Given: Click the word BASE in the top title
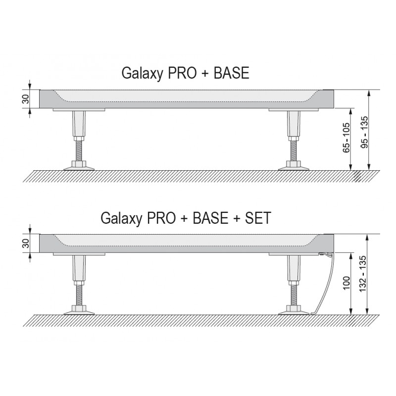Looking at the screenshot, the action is (231, 73).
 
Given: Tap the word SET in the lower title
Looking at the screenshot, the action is (257, 218).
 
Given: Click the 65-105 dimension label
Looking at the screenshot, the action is (346, 138).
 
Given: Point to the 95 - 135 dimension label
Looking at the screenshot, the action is (364, 132).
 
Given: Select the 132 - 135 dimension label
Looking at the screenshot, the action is (362, 274).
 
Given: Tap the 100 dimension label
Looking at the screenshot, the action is (347, 283).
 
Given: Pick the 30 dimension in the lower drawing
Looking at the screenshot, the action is (26, 244).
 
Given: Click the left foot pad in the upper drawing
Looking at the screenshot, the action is (79, 168).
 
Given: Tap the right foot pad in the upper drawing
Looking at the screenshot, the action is (294, 168).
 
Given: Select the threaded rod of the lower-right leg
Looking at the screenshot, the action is (294, 295).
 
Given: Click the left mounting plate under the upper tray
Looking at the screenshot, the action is (79, 109).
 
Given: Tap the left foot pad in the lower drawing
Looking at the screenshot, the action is (79, 312).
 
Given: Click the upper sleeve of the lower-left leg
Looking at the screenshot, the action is (79, 268).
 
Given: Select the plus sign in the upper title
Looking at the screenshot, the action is (205, 73).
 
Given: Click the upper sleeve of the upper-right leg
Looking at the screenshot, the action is (294, 123).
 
